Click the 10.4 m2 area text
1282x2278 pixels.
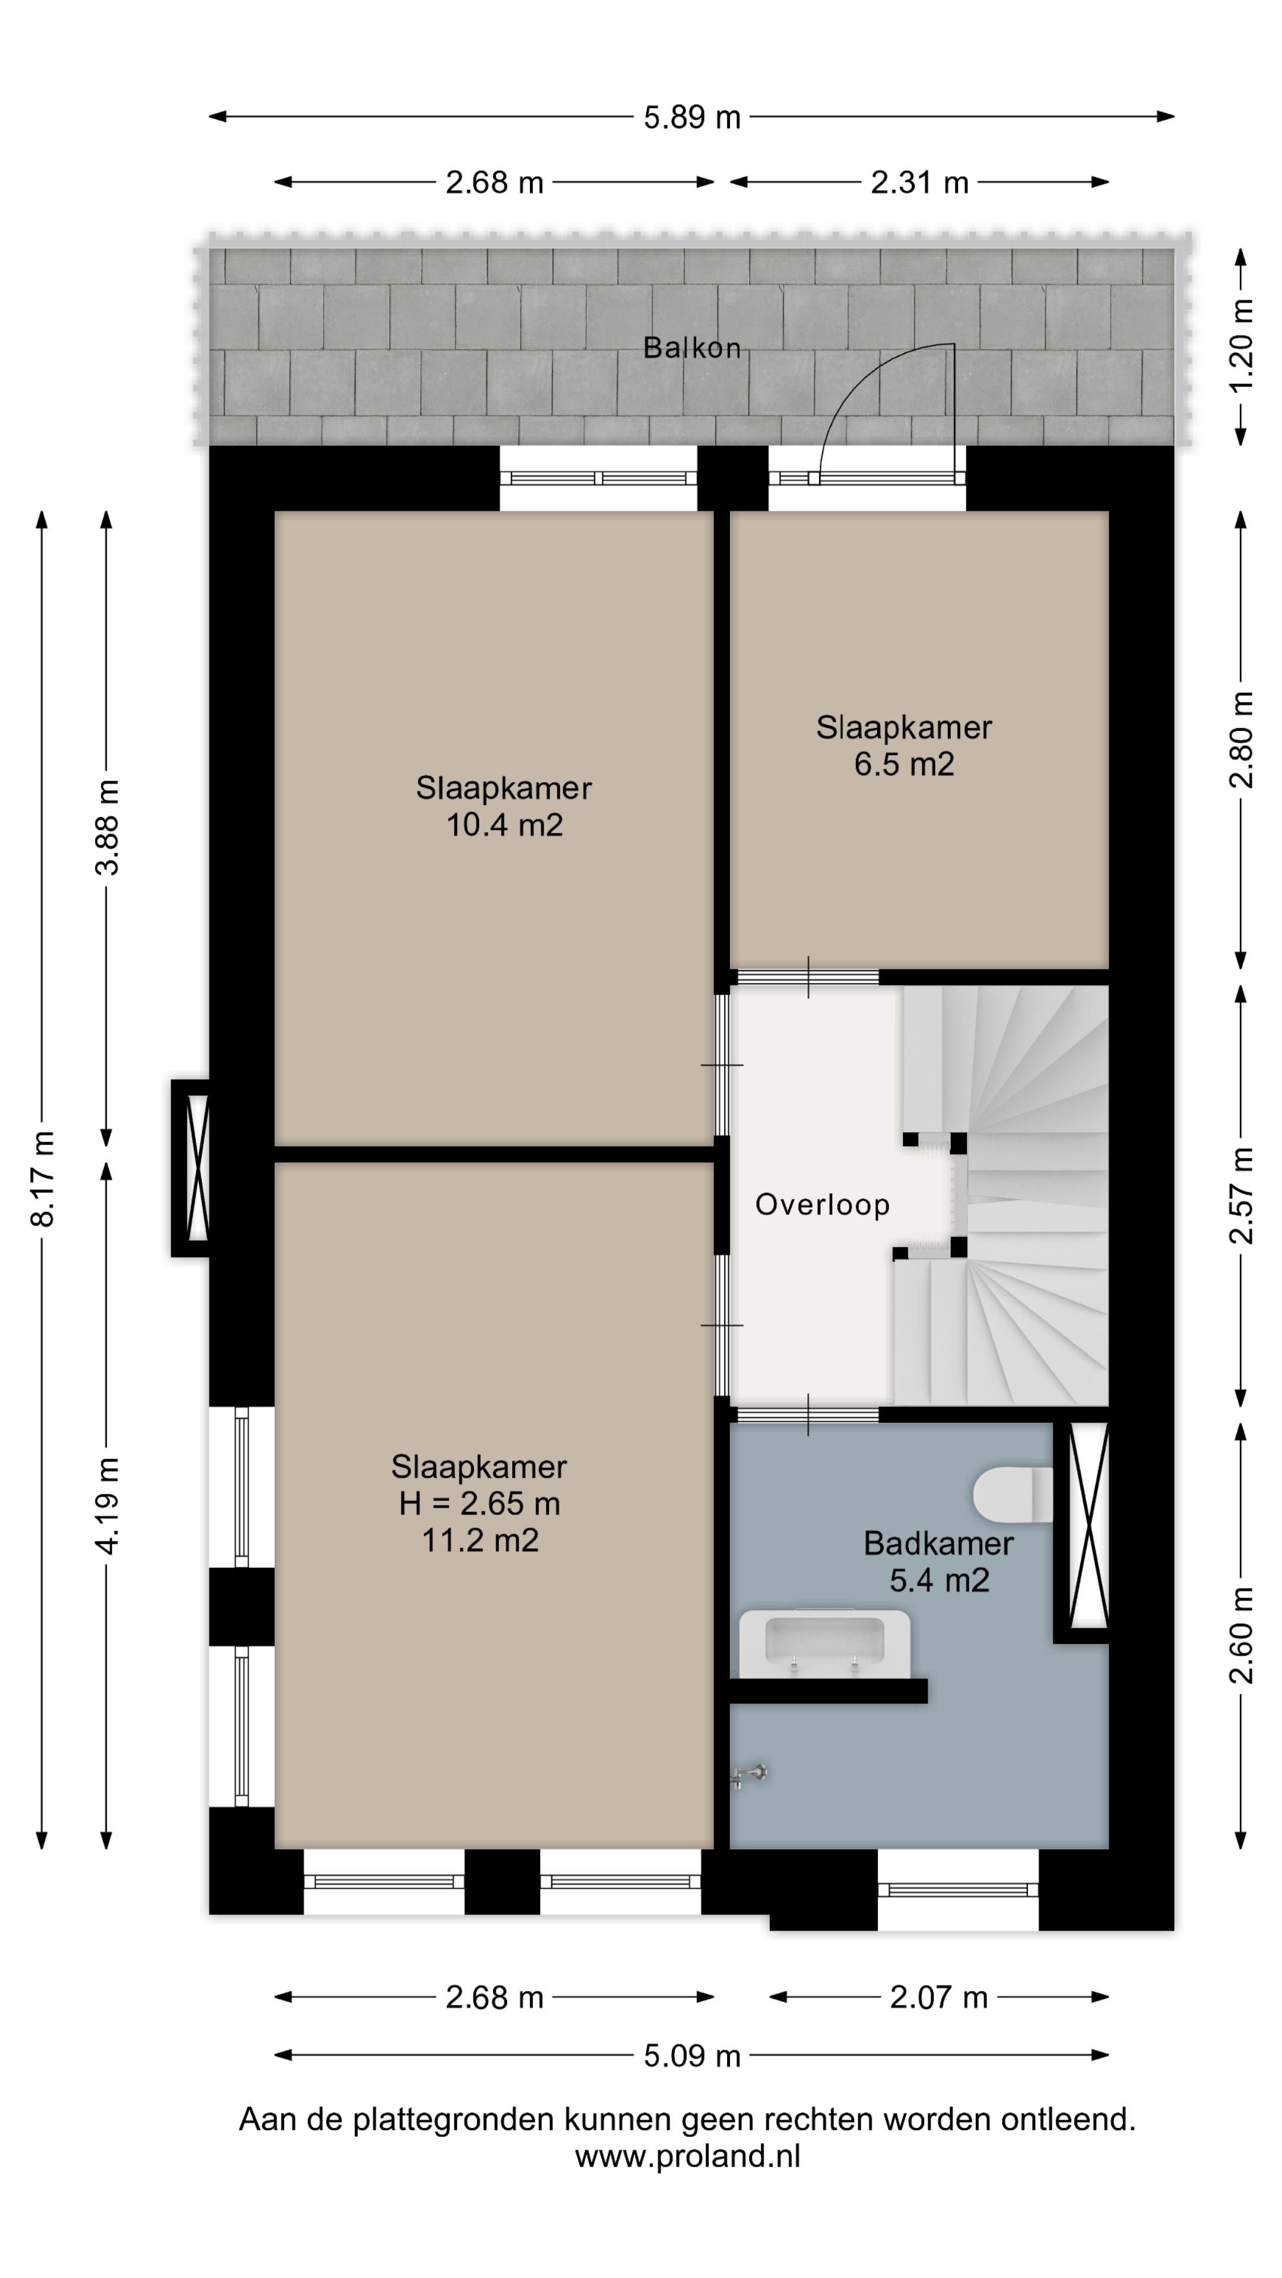[x=504, y=825]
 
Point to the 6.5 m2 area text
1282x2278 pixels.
[x=904, y=764]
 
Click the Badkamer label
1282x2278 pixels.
[x=939, y=1543]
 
